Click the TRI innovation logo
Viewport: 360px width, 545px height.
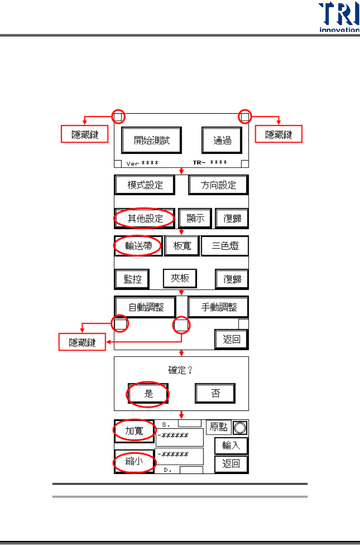(339, 17)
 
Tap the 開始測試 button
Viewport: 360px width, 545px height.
(152, 140)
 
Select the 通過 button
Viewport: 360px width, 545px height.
(222, 140)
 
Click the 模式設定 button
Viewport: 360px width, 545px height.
(145, 185)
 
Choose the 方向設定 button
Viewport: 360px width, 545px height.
(218, 185)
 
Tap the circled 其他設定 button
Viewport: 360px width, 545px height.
(145, 218)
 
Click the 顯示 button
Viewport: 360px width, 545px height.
(195, 218)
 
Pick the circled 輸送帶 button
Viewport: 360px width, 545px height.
(138, 246)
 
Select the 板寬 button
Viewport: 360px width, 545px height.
(182, 246)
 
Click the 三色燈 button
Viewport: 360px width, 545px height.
(225, 246)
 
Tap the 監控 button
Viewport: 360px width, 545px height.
(132, 279)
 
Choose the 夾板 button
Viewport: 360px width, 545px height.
(180, 278)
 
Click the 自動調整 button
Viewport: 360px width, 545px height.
(146, 307)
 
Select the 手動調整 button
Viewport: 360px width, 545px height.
(219, 307)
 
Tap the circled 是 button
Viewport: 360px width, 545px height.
(148, 393)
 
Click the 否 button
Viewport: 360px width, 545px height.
(215, 393)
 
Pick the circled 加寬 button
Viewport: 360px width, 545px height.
(134, 431)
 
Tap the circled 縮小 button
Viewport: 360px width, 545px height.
(134, 461)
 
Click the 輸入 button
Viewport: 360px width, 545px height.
(231, 445)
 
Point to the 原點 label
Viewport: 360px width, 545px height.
(218, 427)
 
